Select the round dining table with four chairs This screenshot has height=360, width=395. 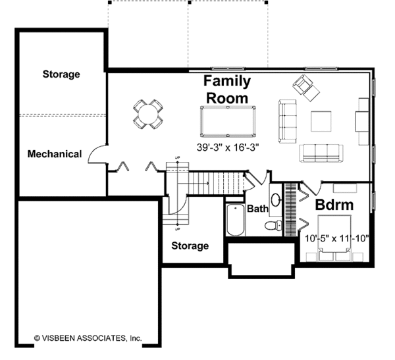pyautogui.click(x=147, y=113)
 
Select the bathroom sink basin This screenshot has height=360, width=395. pyautogui.click(x=275, y=201)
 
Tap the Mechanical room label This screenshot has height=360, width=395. pyautogui.click(x=55, y=154)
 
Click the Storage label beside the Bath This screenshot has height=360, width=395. pyautogui.click(x=190, y=245)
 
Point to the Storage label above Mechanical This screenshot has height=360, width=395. pyautogui.click(x=61, y=74)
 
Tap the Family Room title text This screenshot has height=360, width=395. pyautogui.click(x=226, y=89)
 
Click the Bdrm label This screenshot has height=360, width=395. pyautogui.click(x=334, y=205)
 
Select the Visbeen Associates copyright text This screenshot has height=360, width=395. pyautogui.click(x=88, y=338)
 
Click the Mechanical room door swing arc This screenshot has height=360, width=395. pyautogui.click(x=97, y=153)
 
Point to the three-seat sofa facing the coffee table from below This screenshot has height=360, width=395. pyautogui.click(x=321, y=153)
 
